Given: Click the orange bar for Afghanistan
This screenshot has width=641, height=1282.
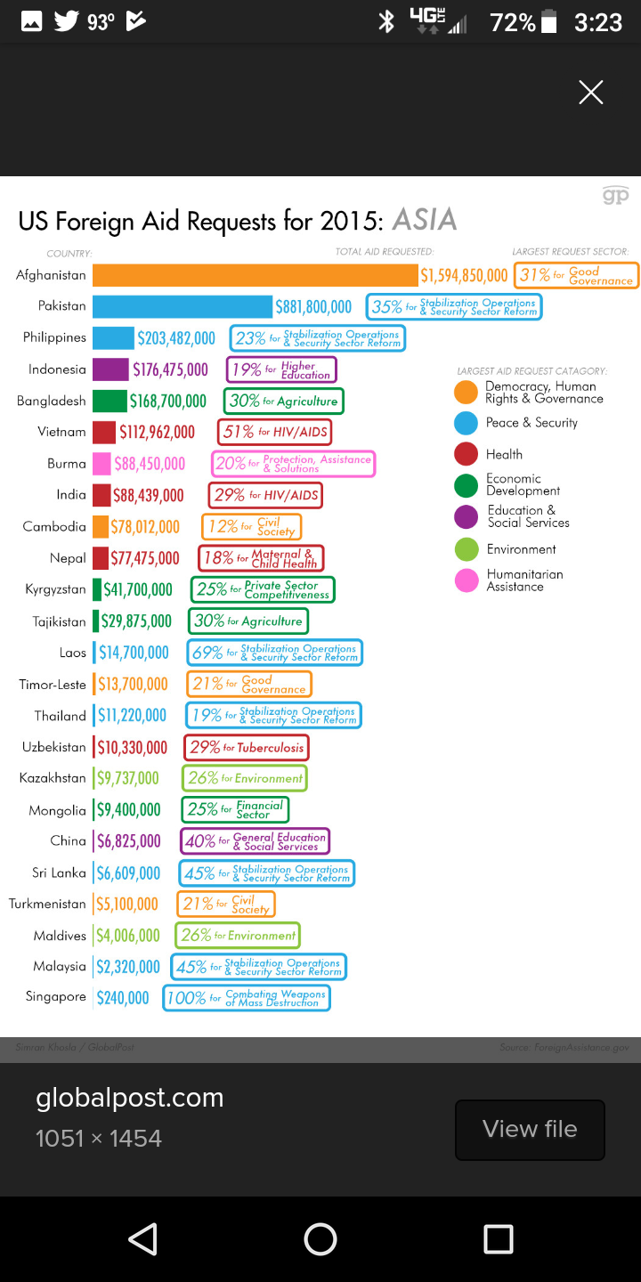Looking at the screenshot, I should pyautogui.click(x=255, y=275).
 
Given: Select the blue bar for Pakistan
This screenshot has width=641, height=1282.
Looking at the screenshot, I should pyautogui.click(x=183, y=306).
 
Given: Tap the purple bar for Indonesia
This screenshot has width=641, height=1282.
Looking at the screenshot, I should pyautogui.click(x=110, y=369).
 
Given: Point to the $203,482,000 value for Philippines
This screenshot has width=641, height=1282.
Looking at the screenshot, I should pyautogui.click(x=176, y=338).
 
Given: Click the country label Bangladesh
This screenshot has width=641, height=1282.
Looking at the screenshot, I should pyautogui.click(x=52, y=401).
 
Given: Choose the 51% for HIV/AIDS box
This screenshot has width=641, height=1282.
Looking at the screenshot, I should pyautogui.click(x=274, y=433).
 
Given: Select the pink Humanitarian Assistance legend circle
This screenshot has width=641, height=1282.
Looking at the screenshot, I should pyautogui.click(x=466, y=580).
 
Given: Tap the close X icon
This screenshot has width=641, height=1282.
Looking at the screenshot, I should pyautogui.click(x=590, y=93).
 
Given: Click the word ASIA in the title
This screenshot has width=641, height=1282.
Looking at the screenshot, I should pyautogui.click(x=424, y=220).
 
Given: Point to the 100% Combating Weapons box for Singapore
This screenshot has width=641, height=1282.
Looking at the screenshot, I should pyautogui.click(x=247, y=998).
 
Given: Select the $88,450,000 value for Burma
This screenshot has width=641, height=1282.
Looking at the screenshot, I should pyautogui.click(x=150, y=464).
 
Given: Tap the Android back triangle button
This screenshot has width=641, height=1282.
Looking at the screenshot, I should pyautogui.click(x=142, y=1238).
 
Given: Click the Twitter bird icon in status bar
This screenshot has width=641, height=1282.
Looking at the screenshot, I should pyautogui.click(x=66, y=21).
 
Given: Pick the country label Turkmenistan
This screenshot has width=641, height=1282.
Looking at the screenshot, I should pyautogui.click(x=47, y=904).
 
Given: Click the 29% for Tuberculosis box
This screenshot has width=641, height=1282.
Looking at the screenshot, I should pyautogui.click(x=247, y=748).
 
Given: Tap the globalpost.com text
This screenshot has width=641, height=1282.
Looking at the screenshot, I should pyautogui.click(x=129, y=1098).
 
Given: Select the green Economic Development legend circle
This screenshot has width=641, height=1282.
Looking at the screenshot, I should pyautogui.click(x=466, y=485).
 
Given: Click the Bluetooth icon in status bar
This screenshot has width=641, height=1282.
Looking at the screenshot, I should pyautogui.click(x=386, y=21).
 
